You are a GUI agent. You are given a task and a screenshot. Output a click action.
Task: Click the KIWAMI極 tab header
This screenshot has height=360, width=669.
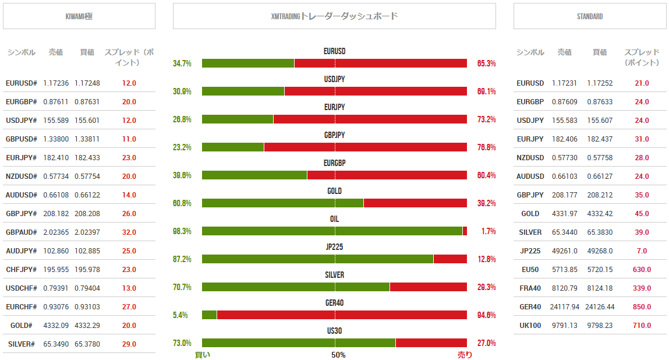[79, 16]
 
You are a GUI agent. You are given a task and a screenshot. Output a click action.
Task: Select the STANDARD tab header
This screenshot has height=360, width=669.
[589, 16]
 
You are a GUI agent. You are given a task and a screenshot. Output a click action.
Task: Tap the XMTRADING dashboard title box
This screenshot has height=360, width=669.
[334, 16]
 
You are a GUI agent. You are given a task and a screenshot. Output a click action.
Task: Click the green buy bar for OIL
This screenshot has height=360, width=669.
[332, 231]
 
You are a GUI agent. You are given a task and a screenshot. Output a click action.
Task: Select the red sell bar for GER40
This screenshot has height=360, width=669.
[342, 315]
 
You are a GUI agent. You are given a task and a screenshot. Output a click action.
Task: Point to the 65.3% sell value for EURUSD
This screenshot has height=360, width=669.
[486, 63]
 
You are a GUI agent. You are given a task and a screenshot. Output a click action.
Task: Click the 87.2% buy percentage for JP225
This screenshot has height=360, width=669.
[182, 259]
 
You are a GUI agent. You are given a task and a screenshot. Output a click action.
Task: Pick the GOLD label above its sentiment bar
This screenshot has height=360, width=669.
[334, 191]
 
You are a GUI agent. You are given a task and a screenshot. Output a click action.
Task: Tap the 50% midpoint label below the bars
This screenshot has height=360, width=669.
[338, 355]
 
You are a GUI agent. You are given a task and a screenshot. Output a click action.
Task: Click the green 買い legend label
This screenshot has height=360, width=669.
[203, 355]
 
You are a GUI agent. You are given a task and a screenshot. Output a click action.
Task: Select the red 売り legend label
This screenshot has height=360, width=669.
[465, 355]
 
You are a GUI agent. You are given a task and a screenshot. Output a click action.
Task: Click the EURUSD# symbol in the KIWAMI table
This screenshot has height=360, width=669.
[21, 83]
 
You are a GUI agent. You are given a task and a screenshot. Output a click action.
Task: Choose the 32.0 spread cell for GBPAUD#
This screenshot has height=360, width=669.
[129, 232]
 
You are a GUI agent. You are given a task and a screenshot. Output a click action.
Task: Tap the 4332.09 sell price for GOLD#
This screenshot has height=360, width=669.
[56, 326]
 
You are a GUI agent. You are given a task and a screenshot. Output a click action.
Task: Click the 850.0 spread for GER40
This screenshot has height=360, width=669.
[642, 307]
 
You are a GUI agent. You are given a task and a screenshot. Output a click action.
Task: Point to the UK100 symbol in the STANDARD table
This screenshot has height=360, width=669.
[530, 326]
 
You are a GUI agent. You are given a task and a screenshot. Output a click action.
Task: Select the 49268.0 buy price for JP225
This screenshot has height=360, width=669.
[600, 251]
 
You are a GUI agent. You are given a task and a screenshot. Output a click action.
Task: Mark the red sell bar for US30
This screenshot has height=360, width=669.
[431, 343]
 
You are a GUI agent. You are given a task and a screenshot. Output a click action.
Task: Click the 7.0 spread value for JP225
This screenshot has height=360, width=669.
[642, 251]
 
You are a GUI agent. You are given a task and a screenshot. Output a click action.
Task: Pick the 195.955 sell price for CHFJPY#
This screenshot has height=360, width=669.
[56, 270]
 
